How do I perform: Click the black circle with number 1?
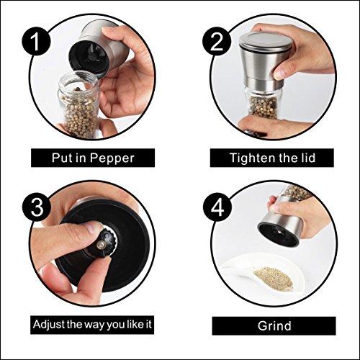[37, 41]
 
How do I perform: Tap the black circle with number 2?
[217, 41]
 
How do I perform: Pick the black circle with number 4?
[217, 208]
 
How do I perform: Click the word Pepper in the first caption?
[112, 158]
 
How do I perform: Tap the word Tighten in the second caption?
[252, 158]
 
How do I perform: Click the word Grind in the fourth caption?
[274, 326]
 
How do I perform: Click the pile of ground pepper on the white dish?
[274, 279]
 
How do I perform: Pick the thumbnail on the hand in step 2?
[279, 73]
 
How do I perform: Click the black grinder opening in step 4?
[278, 234]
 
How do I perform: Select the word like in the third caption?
[132, 324]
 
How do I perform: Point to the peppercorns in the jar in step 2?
[264, 108]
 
